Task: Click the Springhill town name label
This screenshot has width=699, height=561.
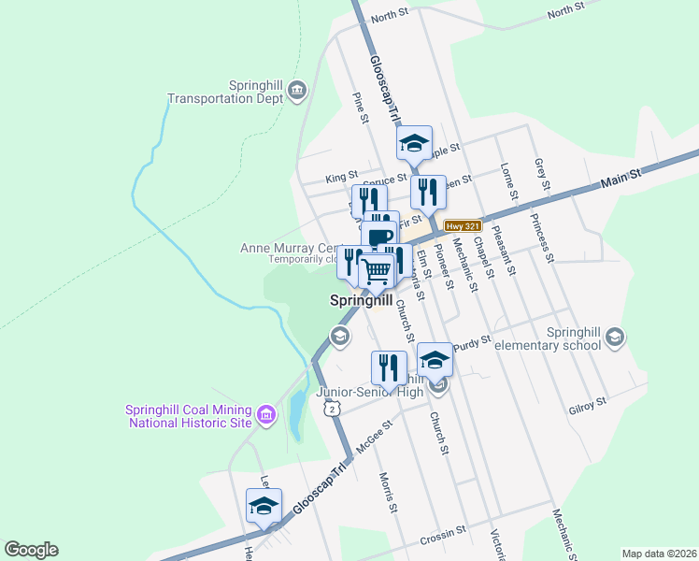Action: [360, 301]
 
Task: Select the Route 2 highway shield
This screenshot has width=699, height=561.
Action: [330, 409]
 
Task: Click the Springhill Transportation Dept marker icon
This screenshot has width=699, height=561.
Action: [297, 90]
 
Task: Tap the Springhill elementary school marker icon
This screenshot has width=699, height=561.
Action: [615, 336]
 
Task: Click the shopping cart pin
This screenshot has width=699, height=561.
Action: [377, 271]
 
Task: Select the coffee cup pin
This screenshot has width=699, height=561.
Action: [380, 237]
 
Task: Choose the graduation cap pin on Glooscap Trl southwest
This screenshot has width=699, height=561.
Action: [264, 507]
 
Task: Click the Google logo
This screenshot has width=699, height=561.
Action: [31, 550]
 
